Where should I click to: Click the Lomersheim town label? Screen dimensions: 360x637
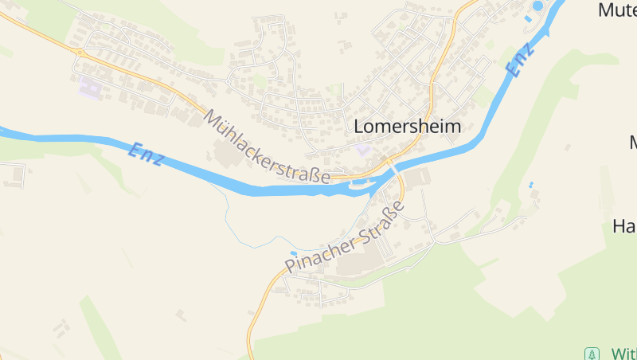pos(407,127)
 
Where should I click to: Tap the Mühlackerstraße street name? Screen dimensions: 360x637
pos(267,147)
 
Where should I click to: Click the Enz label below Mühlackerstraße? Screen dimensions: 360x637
pos(147,154)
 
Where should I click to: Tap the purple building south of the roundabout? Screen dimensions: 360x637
pos(91,87)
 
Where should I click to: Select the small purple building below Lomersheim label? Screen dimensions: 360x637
pos(363,149)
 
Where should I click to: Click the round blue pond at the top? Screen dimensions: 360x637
pos(538,6)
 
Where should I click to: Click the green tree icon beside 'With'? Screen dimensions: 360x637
pos(591,353)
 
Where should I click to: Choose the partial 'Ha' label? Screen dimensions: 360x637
pos(623,225)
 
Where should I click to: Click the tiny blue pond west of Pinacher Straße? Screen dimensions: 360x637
pos(293,254)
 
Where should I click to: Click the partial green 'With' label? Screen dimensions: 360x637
pos(623,353)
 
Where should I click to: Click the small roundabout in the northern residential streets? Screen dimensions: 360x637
pos(228,80)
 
